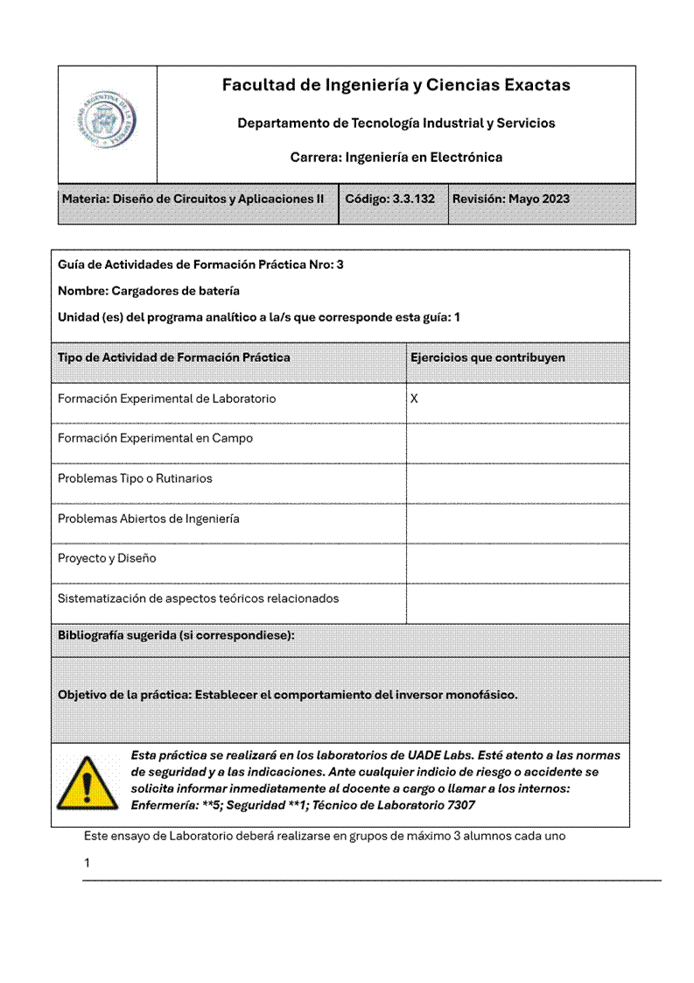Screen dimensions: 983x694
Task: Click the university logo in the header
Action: [x=107, y=123]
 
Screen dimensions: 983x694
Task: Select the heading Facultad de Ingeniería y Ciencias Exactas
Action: [x=396, y=85]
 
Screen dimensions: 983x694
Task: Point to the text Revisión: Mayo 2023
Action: [x=510, y=199]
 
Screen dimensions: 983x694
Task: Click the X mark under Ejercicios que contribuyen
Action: [x=415, y=399]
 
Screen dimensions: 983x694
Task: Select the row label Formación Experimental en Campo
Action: [x=155, y=438]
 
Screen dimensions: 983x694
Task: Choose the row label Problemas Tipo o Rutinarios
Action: [x=135, y=478]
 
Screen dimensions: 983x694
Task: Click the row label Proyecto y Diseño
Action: [x=107, y=558]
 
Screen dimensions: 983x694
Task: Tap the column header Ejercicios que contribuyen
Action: [x=487, y=357]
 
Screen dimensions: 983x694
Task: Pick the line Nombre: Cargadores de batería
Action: [x=149, y=291]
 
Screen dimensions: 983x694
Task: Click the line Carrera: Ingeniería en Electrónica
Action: [x=396, y=158]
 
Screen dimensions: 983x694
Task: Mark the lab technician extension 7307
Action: [x=461, y=804]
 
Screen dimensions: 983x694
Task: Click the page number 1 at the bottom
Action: [x=87, y=863]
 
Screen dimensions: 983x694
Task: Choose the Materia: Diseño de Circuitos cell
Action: [x=193, y=199]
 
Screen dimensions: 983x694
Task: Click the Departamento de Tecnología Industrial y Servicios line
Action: [x=396, y=124]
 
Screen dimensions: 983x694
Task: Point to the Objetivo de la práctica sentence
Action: [x=287, y=695]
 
